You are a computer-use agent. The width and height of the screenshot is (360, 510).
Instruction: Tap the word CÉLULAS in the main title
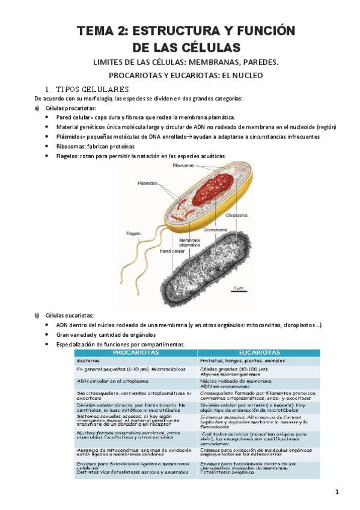click(209, 47)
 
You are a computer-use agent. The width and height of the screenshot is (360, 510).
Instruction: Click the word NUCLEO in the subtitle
click(246, 76)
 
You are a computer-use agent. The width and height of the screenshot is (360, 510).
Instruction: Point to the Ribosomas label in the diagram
click(183, 165)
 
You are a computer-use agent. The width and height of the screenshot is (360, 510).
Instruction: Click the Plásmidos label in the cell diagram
click(147, 184)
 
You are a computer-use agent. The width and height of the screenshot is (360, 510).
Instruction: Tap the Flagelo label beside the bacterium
click(133, 233)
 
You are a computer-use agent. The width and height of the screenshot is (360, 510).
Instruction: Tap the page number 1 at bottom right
click(337, 493)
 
